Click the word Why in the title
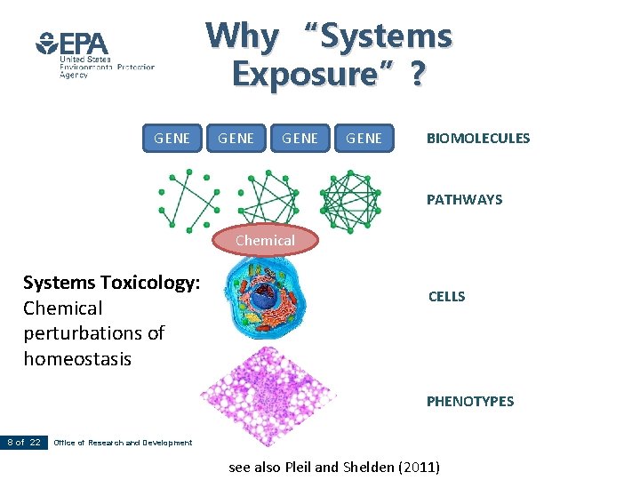(x=241, y=36)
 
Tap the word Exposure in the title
(x=311, y=75)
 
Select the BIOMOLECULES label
(x=477, y=138)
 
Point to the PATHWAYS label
(x=464, y=199)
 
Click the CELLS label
(x=446, y=296)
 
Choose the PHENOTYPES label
(x=469, y=401)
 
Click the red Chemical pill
(x=264, y=240)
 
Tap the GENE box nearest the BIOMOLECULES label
(x=364, y=138)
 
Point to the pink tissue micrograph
(x=264, y=396)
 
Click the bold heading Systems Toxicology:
(x=111, y=283)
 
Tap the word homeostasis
(x=76, y=358)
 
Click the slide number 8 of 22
(x=24, y=442)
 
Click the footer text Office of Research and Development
(x=123, y=443)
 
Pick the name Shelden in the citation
(x=368, y=466)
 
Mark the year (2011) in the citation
(x=419, y=466)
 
